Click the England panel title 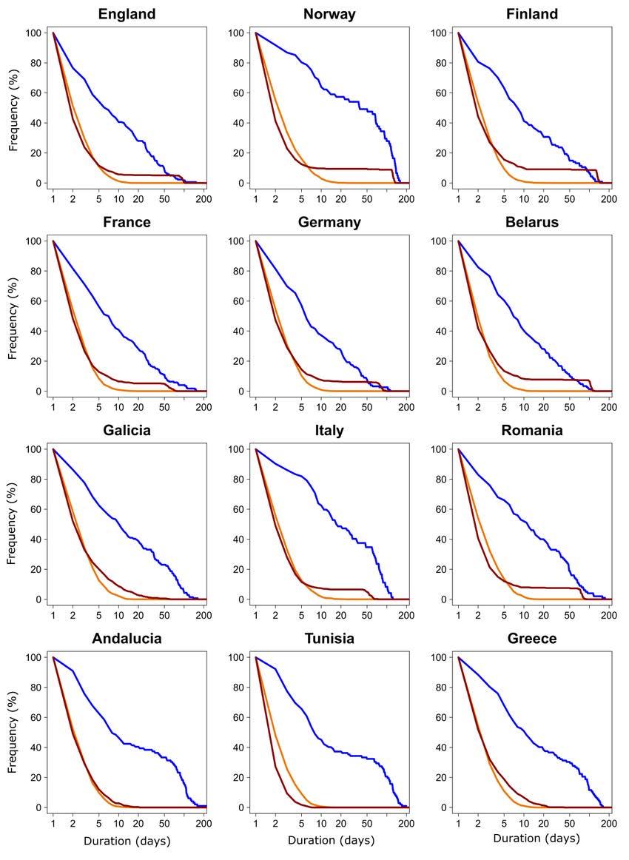pyautogui.click(x=128, y=14)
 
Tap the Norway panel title pyautogui.click(x=329, y=14)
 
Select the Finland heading pyautogui.click(x=532, y=14)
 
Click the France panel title pyautogui.click(x=128, y=222)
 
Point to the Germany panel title pyautogui.click(x=329, y=222)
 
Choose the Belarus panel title pyautogui.click(x=532, y=222)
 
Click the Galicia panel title pyautogui.click(x=128, y=430)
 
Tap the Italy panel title pyautogui.click(x=329, y=430)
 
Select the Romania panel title pyautogui.click(x=532, y=430)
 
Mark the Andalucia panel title pyautogui.click(x=128, y=639)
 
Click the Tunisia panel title pyautogui.click(x=329, y=639)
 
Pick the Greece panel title pyautogui.click(x=532, y=639)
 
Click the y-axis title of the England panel pyautogui.click(x=13, y=108)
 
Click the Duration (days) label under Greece pyautogui.click(x=536, y=838)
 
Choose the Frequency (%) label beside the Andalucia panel pyautogui.click(x=13, y=733)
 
